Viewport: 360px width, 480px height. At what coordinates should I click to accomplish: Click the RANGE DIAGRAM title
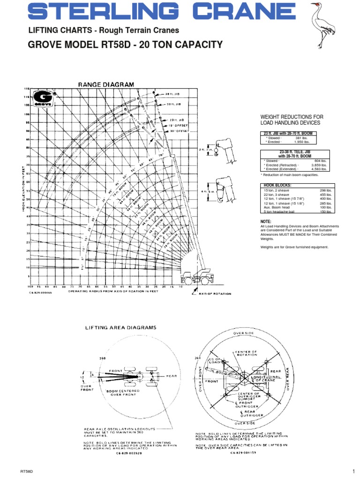pyautogui.click(x=105, y=84)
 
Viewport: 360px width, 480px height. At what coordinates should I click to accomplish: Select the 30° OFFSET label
pyautogui.click(x=179, y=131)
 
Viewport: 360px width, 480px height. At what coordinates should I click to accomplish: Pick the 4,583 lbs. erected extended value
pyautogui.click(x=322, y=169)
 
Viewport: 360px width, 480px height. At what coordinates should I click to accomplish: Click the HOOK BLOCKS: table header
pyautogui.click(x=274, y=185)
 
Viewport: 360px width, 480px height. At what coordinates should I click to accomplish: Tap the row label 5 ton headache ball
pyautogui.click(x=278, y=211)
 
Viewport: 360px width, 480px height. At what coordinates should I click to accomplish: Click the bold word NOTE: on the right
pyautogui.click(x=266, y=221)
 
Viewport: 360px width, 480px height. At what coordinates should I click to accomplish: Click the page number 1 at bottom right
pyautogui.click(x=352, y=471)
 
